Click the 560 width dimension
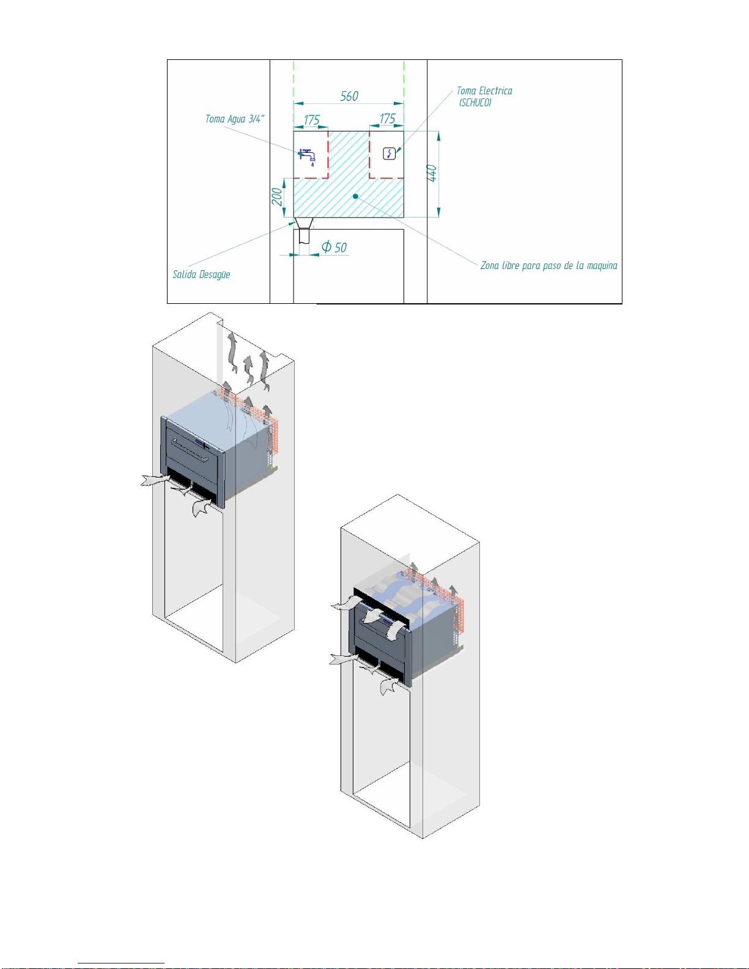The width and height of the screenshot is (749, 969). [349, 96]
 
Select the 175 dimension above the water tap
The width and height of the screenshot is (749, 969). [312, 119]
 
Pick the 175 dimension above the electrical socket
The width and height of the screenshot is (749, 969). [387, 119]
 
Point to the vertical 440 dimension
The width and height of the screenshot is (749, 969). [432, 173]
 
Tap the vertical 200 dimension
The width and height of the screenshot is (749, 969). [277, 196]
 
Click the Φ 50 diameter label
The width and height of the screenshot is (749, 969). [334, 247]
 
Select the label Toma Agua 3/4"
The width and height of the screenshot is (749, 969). [235, 119]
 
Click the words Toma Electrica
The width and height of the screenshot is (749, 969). [484, 91]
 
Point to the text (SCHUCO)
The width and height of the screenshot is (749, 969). [475, 103]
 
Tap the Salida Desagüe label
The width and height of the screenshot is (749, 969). [201, 274]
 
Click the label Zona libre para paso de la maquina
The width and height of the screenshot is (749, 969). [548, 265]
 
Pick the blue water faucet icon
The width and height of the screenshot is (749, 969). [308, 155]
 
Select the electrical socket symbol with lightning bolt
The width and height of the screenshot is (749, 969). [389, 153]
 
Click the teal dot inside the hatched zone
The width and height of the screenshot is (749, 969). [355, 196]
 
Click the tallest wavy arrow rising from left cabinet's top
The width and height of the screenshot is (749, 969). [232, 352]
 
